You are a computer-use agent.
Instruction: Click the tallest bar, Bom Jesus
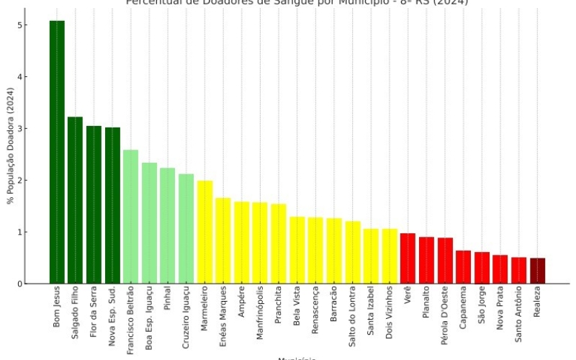tap(57, 152)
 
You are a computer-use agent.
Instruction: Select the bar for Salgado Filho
tap(76, 200)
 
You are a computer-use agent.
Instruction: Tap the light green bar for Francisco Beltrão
tap(131, 217)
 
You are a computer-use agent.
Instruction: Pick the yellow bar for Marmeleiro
tap(205, 232)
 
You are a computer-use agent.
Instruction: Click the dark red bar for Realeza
tap(538, 271)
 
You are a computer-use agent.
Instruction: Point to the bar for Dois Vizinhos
tap(390, 256)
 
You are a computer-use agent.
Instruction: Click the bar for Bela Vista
tap(297, 250)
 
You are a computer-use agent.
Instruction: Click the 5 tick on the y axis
tap(23, 25)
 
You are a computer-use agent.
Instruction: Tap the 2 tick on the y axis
tap(23, 180)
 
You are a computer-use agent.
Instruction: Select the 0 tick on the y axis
tap(23, 284)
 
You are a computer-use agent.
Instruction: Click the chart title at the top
tap(297, 3)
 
